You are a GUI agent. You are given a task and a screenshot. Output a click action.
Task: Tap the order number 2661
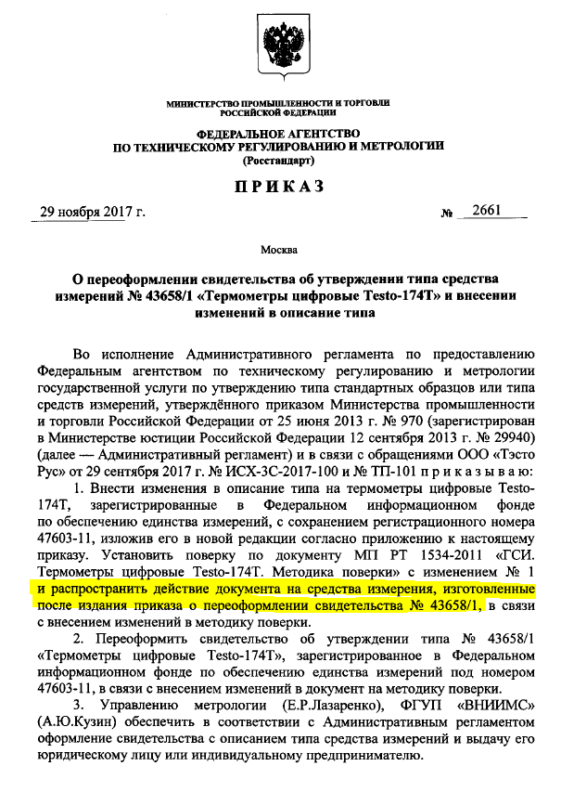click(486, 211)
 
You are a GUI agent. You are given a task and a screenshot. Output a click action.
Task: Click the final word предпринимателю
click(343, 763)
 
